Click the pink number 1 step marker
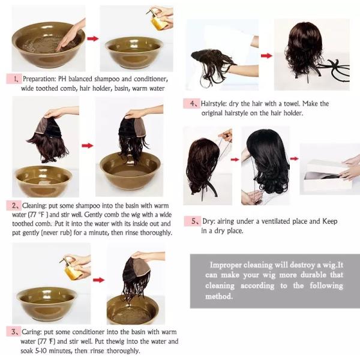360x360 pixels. (14, 79)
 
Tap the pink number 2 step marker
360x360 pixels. (14, 205)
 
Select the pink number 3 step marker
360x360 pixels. (14, 332)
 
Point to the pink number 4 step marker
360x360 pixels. (192, 104)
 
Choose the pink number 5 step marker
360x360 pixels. (193, 221)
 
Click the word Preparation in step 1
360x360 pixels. (39, 79)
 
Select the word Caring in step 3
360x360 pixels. (32, 332)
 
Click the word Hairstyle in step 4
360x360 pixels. (214, 104)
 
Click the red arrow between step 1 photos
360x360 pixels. (93, 38)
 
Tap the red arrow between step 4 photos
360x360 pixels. (266, 56)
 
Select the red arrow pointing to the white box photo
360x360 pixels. (295, 158)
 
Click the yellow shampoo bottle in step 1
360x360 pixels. (158, 21)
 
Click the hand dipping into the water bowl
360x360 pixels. (70, 34)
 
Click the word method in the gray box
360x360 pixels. (219, 296)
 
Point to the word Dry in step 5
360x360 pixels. (208, 221)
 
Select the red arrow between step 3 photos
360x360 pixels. (99, 280)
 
